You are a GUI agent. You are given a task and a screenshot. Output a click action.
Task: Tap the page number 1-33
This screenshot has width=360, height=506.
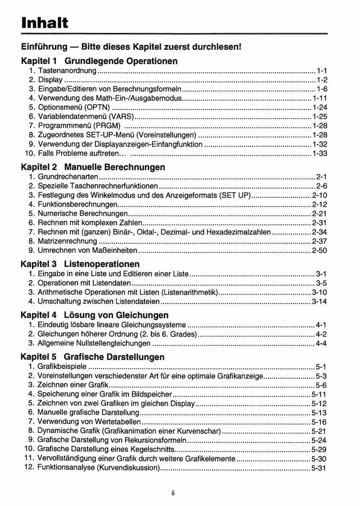pyautogui.click(x=320, y=153)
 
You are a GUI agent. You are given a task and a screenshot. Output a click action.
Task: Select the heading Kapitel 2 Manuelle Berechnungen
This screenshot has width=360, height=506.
pyautogui.click(x=93, y=167)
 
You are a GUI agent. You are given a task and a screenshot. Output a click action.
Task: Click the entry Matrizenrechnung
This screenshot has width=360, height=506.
pyautogui.click(x=67, y=241)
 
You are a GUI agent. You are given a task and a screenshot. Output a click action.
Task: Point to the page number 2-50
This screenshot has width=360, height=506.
pyautogui.click(x=320, y=250)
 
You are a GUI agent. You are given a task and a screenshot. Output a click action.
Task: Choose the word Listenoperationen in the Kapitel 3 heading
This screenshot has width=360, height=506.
pyautogui.click(x=102, y=264)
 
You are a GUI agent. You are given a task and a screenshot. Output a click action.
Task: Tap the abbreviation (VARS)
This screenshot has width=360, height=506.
pyautogui.click(x=121, y=116)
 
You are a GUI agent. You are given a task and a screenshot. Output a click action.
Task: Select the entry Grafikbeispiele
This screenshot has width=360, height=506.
pyautogui.click(x=62, y=366)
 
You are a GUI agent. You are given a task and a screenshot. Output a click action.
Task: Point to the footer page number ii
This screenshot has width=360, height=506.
pyautogui.click(x=173, y=493)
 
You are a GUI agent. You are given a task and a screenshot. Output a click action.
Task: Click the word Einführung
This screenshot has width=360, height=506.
pyautogui.click(x=44, y=46)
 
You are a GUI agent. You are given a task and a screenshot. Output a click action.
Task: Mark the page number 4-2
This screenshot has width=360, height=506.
pyautogui.click(x=321, y=334)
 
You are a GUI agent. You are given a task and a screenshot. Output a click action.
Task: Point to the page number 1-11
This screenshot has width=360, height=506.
pyautogui.click(x=320, y=98)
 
